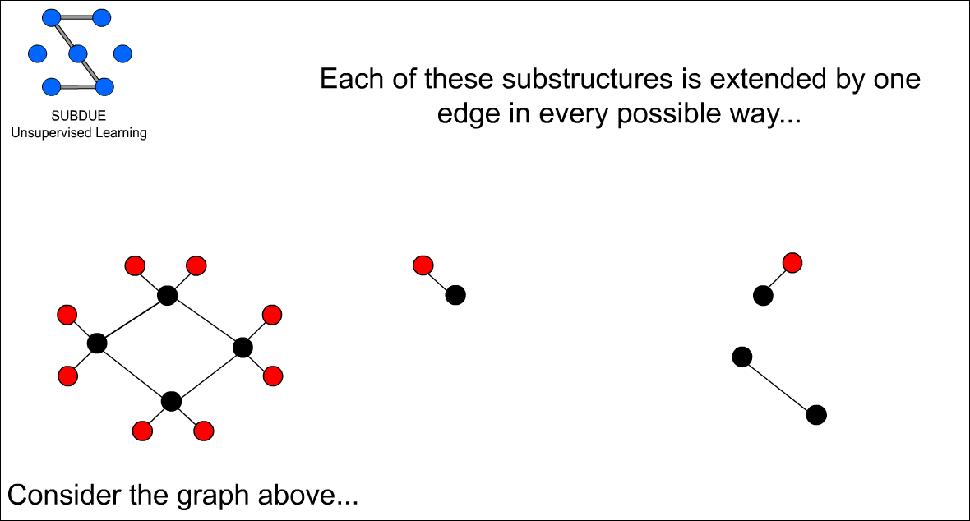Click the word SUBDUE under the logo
[x=79, y=116]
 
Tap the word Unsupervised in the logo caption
[x=44, y=132]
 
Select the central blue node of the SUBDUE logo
[x=78, y=54]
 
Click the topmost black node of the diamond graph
[x=168, y=295]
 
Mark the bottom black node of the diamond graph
[x=171, y=402]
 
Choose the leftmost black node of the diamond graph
[x=97, y=343]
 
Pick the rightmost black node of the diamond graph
[x=242, y=348]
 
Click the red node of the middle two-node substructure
[x=423, y=265]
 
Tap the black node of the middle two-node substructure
[x=455, y=295]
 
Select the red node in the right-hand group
[x=792, y=263]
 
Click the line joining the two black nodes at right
[x=779, y=386]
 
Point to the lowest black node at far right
[x=816, y=415]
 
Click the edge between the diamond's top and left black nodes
[x=132, y=320]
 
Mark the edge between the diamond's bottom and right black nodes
[x=207, y=375]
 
